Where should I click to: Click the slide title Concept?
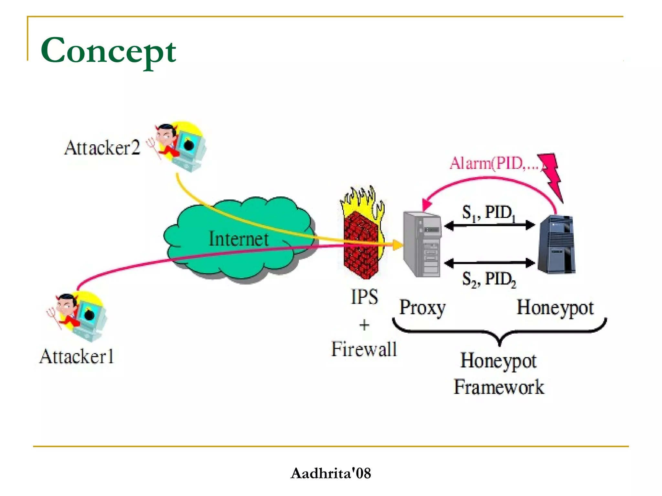pos(108,51)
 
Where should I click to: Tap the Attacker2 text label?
pos(102,148)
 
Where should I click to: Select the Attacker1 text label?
pos(77,357)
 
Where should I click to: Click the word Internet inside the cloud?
pos(239,239)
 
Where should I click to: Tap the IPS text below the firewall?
pos(364,297)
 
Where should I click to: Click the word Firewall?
pos(364,349)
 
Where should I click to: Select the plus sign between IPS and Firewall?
pos(364,325)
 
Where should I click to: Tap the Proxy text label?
pos(422,308)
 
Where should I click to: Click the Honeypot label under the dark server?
pos(555,308)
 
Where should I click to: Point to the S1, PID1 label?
pos(488,213)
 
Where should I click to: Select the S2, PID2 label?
pos(489,279)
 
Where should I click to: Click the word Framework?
pos(499,387)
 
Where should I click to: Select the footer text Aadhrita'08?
pos(331,473)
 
